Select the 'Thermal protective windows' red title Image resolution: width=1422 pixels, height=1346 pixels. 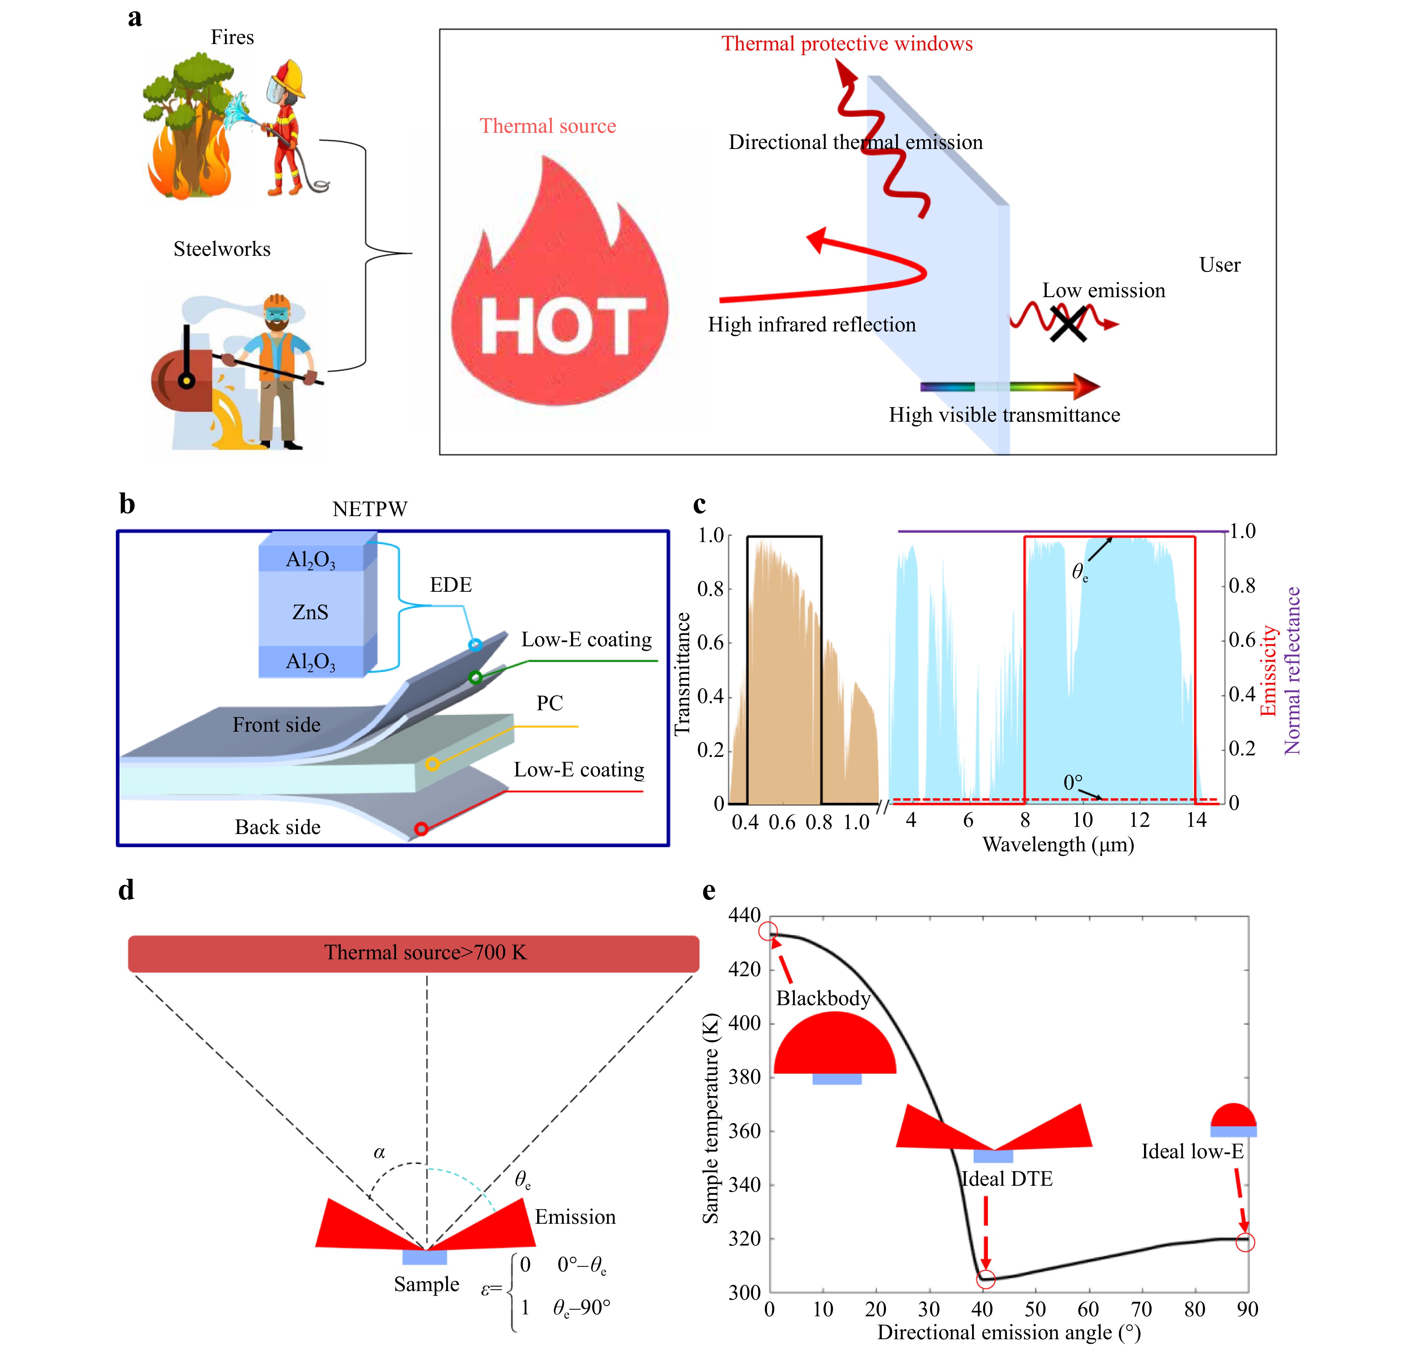(846, 44)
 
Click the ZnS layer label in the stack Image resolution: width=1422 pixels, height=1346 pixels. (310, 612)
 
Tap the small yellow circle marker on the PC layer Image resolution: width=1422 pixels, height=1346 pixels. (432, 764)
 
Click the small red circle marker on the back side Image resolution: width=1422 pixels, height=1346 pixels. (421, 829)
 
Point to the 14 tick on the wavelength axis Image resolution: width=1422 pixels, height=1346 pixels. (1196, 820)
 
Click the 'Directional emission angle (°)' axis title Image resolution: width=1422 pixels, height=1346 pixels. (1009, 1332)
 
